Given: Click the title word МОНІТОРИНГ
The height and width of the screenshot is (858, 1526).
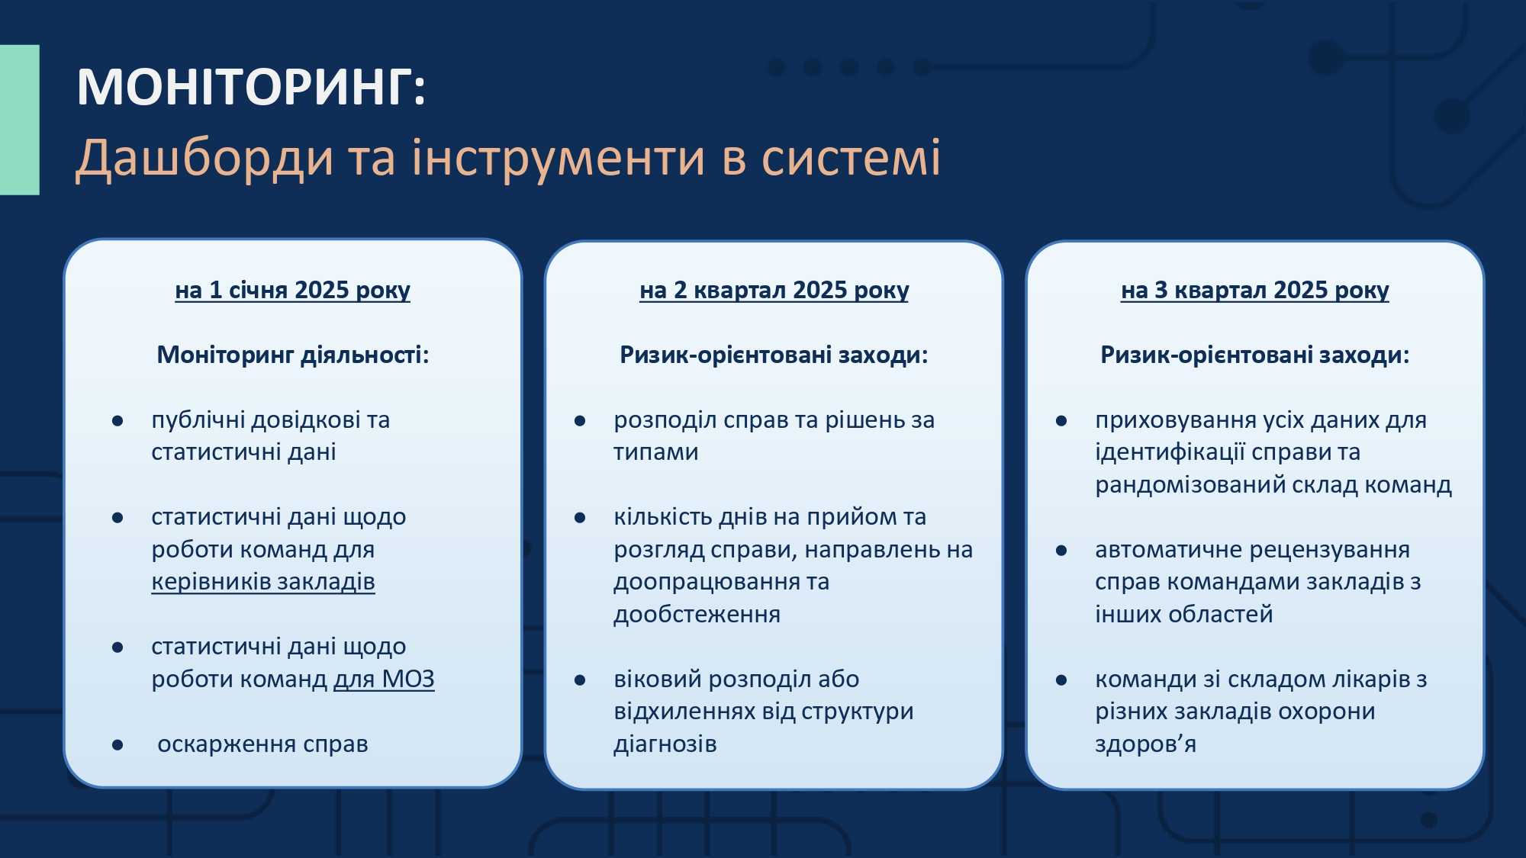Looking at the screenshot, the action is (245, 87).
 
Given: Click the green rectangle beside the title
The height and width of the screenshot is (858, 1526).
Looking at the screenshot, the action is (19, 120).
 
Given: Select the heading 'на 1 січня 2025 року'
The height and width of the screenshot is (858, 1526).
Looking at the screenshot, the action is (292, 291).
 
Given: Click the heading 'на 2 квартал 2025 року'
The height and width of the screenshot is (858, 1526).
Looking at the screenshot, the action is (774, 291).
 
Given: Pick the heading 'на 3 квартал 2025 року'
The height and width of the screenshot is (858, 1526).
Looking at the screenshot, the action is (1254, 291).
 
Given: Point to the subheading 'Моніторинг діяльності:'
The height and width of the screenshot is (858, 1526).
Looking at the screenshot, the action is (293, 355).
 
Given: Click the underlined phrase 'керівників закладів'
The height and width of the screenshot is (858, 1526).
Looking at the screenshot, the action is (263, 582).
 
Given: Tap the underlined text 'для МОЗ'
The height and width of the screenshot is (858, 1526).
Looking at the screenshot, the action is (384, 679).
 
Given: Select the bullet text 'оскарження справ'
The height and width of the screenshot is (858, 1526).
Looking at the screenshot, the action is (262, 744).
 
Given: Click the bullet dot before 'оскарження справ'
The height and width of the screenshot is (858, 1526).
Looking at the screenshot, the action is (118, 745).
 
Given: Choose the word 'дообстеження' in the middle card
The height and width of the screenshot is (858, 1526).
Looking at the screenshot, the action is (697, 615).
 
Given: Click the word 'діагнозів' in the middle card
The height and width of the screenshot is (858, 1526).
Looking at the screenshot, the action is (665, 744).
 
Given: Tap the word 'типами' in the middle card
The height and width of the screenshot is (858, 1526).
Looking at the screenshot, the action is (656, 452).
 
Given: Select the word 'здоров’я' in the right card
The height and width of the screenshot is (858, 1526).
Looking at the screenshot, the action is (1145, 744).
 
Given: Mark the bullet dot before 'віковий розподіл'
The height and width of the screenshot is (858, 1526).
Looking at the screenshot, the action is (580, 680).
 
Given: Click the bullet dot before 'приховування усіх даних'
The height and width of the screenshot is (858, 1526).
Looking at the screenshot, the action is (1061, 421).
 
